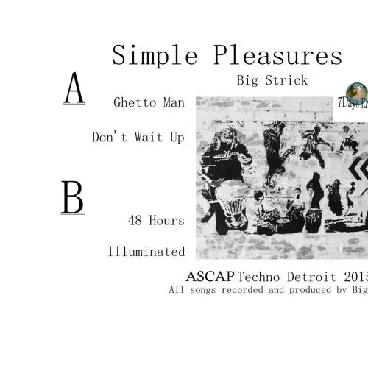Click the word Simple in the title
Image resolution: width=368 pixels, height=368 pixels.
tap(147, 56)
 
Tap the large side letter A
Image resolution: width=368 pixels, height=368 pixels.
tap(74, 89)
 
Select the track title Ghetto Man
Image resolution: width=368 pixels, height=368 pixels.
tap(149, 103)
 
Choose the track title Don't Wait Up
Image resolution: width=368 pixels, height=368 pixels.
tap(138, 137)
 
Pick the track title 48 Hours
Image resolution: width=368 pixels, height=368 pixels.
tap(155, 219)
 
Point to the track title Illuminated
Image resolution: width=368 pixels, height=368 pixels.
tap(146, 252)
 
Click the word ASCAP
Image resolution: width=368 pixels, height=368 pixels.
tap(212, 277)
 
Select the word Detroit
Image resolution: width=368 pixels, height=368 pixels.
tap(313, 277)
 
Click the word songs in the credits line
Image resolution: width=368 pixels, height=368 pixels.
tap(205, 290)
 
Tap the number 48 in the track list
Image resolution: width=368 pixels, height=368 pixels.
tap(135, 219)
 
